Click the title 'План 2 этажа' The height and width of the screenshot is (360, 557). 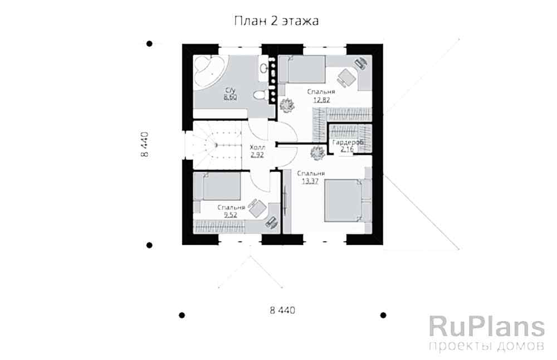coord(276,21)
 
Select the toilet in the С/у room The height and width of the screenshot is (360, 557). coord(261,95)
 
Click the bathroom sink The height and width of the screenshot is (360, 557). coord(263,68)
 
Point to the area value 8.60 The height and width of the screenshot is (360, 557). coord(230,98)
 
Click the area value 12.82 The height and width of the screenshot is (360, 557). coord(321,100)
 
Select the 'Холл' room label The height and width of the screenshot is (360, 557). coord(257,147)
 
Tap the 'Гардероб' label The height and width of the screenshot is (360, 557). coord(348,142)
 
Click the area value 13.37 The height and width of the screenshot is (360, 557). coord(310,181)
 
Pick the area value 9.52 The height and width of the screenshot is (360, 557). coord(231,215)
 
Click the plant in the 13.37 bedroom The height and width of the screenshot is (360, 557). coord(317,153)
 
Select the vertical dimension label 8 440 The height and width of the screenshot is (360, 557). coord(145,144)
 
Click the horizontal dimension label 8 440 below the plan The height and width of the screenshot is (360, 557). coord(282,310)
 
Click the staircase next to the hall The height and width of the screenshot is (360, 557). coord(213,145)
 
